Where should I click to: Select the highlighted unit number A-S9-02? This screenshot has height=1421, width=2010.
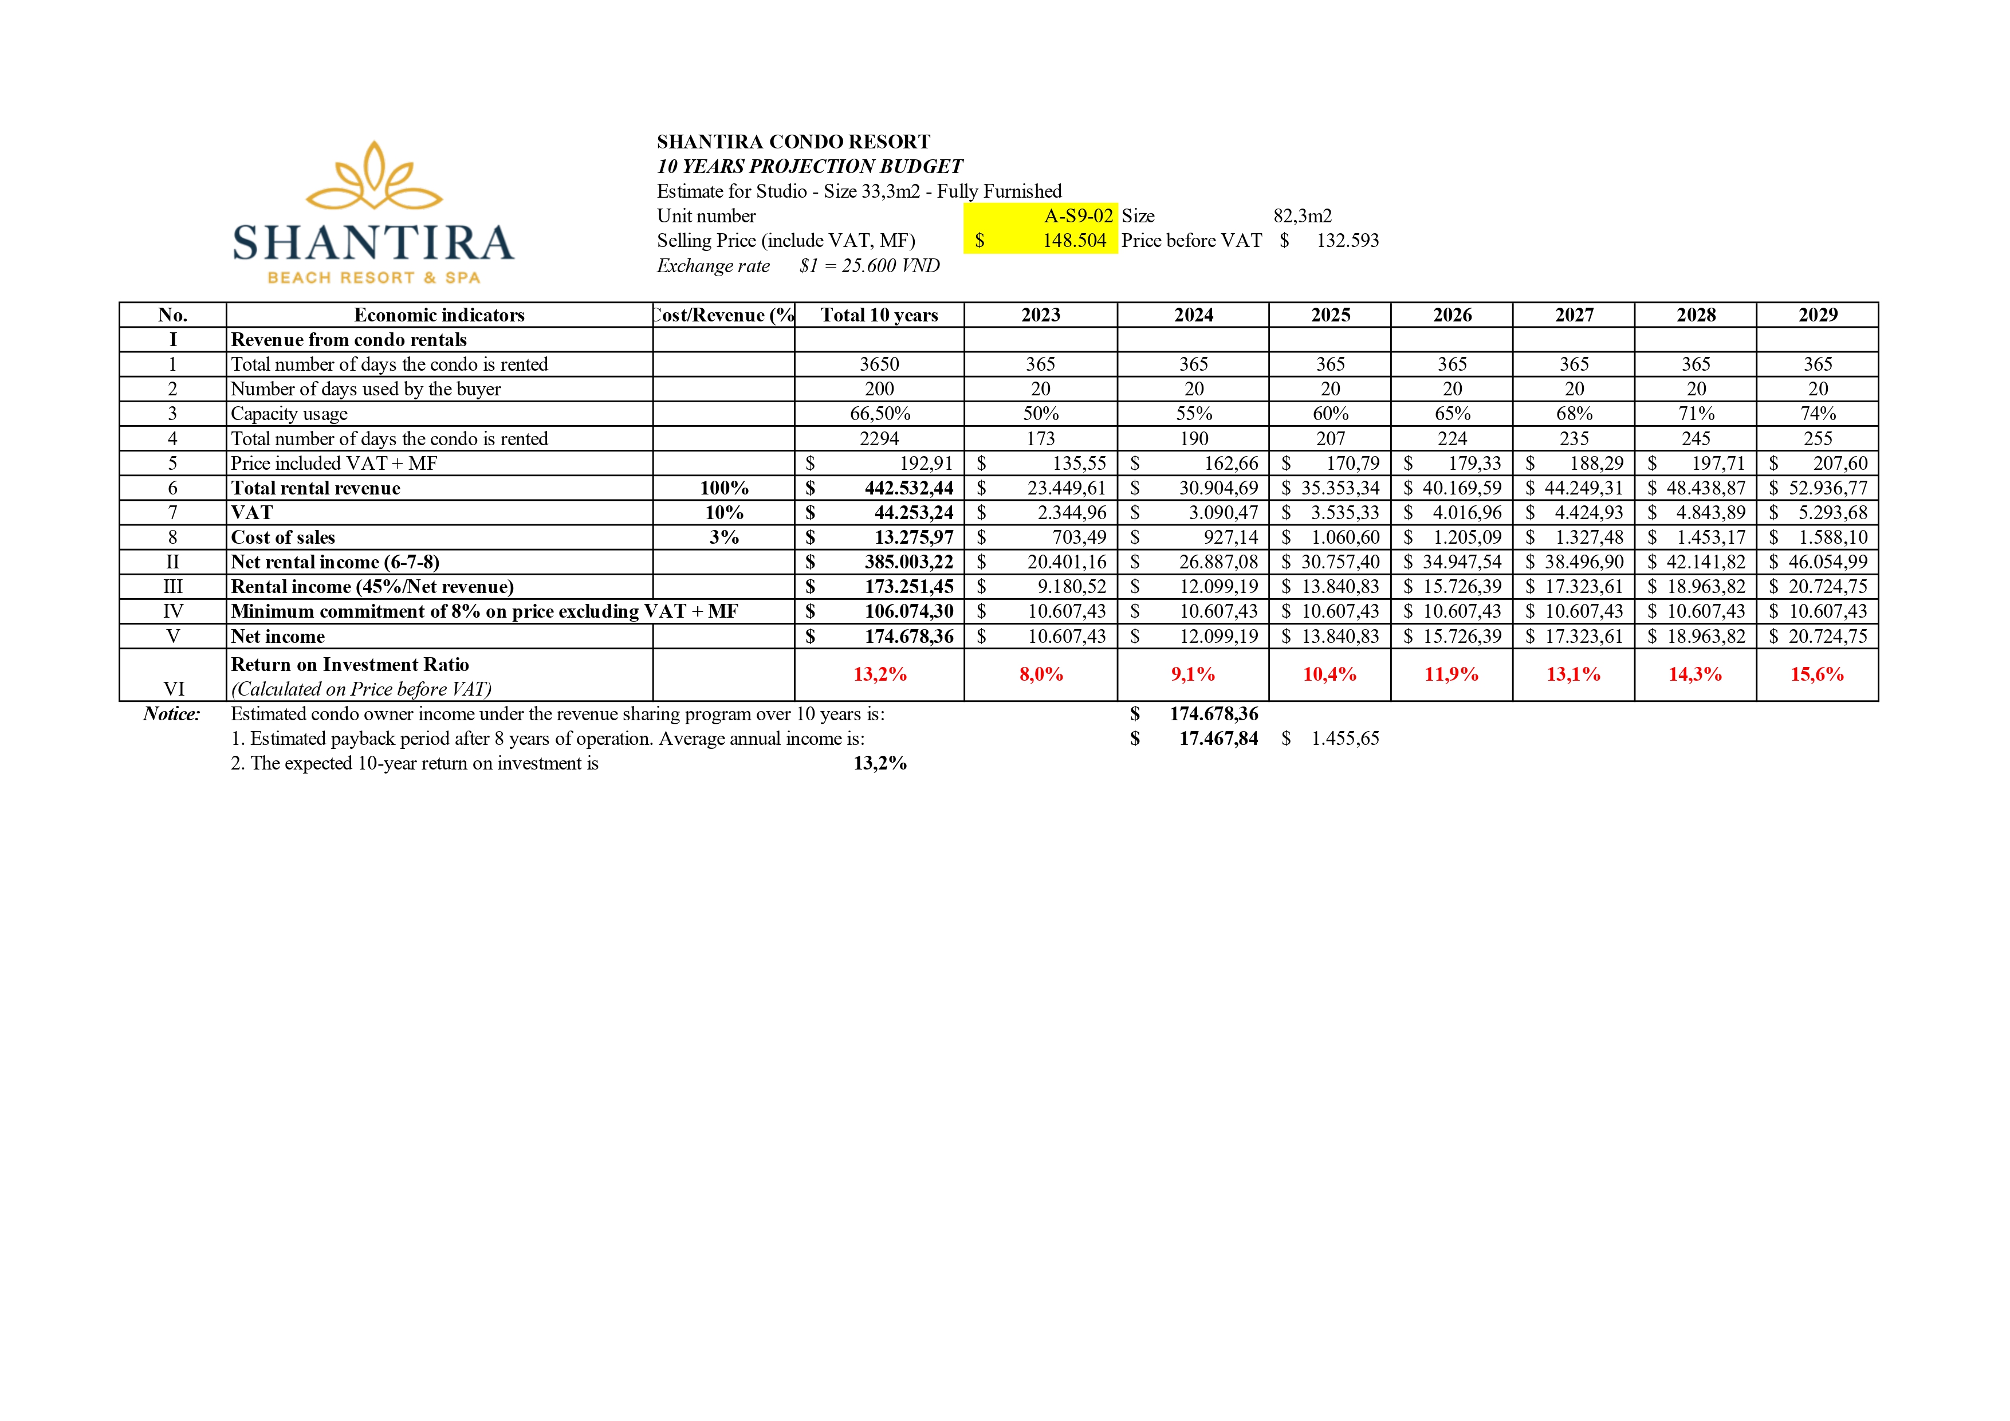click(1077, 215)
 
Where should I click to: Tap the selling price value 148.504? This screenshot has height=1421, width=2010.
click(1074, 241)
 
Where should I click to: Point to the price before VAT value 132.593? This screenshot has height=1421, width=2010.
click(1347, 241)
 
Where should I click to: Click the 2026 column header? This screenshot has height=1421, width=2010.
click(1452, 315)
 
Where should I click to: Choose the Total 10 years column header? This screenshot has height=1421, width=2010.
click(879, 315)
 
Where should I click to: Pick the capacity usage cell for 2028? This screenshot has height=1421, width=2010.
click(1696, 413)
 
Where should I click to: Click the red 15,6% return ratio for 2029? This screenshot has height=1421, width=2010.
click(1816, 674)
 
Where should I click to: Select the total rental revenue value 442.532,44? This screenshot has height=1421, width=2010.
click(908, 488)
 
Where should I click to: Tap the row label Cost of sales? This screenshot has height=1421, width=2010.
click(283, 537)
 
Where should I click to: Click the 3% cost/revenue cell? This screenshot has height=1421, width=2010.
click(724, 537)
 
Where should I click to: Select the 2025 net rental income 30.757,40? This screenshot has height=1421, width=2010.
click(1339, 562)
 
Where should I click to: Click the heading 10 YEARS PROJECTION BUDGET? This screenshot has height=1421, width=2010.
click(810, 166)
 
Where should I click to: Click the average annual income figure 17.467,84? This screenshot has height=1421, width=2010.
click(1218, 739)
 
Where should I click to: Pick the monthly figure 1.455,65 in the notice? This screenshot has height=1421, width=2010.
click(1344, 739)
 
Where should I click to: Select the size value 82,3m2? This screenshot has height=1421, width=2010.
click(1302, 216)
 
